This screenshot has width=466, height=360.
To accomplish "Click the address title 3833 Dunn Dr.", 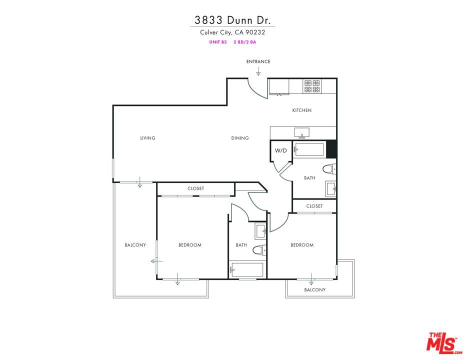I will coord(232,20).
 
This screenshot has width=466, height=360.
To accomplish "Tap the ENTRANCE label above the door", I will coord(258,61).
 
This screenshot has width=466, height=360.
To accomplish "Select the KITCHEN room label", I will coord(302,110).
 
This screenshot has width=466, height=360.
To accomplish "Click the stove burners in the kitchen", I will coord(312,86).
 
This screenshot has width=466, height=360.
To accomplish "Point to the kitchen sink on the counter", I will coord(302,133).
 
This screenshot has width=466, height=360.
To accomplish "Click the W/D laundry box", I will coord(281,150).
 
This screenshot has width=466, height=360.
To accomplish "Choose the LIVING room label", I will coord(147,138).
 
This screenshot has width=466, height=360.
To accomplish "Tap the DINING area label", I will coord(240,138).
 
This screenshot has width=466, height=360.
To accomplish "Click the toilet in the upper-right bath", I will coord(328,169).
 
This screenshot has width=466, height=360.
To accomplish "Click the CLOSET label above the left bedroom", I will coord(195,188).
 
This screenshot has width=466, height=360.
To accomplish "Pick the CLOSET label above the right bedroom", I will coord(314,206).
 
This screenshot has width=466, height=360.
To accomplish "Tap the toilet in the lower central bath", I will coord(258,250).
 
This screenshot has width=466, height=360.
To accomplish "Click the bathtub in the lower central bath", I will coord(246,270).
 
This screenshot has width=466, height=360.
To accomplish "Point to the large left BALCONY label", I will coord(135,245).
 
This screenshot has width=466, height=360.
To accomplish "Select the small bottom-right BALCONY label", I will coord(315,290).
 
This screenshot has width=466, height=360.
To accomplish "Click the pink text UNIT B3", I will coord(218,42).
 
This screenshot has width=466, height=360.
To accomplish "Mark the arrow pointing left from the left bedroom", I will coord(156,261).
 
